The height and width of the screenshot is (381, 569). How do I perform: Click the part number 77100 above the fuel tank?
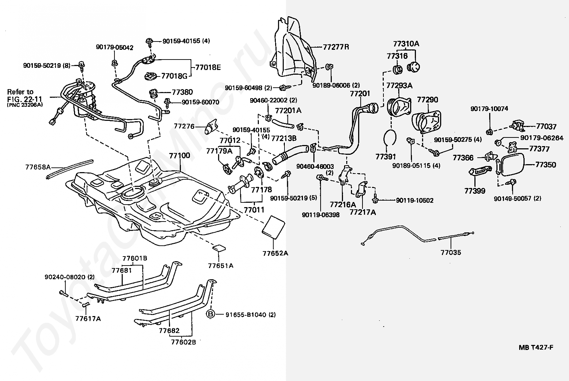pos(179,155)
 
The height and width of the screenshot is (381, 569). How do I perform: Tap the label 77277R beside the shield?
pos(336,47)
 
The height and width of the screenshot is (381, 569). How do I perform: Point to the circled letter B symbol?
pos(210,314)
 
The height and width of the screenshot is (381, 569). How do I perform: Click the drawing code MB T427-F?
pos(536,347)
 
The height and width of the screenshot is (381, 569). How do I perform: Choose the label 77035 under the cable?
pos(451,252)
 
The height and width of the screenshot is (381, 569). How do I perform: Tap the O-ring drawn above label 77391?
pos(390,137)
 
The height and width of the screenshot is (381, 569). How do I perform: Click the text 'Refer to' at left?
pos(20,92)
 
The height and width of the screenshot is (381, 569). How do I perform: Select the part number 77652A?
pos(275,253)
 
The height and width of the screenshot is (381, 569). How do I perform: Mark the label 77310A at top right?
pos(406,44)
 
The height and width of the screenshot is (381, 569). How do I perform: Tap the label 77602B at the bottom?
pos(183,342)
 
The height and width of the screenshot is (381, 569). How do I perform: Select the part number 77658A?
pos(38,167)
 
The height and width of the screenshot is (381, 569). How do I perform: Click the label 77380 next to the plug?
pos(182,92)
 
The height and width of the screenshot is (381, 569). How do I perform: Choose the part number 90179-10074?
pos(489,109)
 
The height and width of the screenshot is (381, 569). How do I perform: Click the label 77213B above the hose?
pos(284,138)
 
